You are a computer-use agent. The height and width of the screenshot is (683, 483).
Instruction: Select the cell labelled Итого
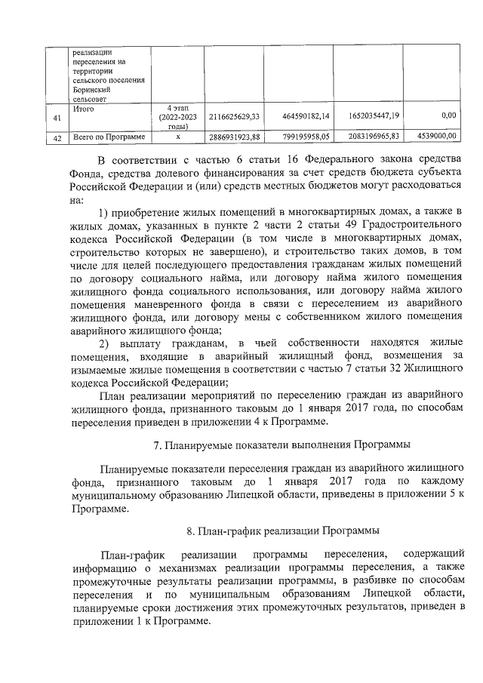pos(84,109)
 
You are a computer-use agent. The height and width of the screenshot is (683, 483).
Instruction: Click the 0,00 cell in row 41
pos(448,117)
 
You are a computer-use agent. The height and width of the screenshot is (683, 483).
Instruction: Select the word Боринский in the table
pos(93,89)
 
